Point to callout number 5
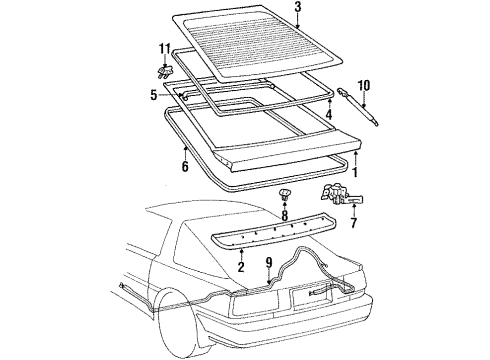click(x=153, y=96)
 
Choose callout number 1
click(x=355, y=173)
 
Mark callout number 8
click(x=284, y=243)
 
